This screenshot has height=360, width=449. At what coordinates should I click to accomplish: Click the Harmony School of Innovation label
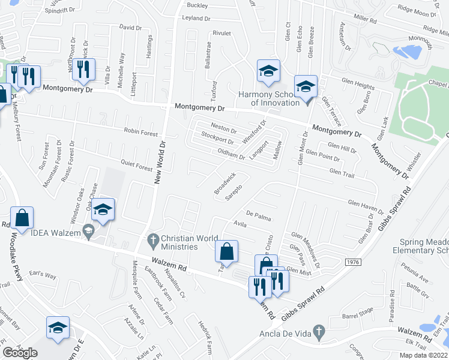point(268,98)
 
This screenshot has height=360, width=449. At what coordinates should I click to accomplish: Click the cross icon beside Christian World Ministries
point(152,239)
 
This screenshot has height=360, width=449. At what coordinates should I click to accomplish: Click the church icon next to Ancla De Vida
point(319,331)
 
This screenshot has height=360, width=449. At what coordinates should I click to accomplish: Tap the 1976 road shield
point(353,262)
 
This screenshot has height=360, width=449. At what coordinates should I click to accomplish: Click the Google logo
point(20,353)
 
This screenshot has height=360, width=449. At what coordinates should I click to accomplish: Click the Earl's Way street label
point(43,275)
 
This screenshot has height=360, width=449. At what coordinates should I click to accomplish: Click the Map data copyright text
point(423,355)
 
